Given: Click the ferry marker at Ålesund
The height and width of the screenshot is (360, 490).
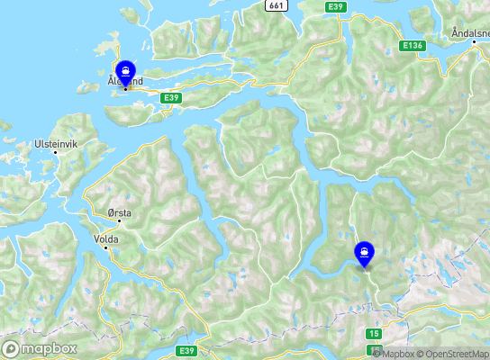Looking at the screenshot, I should pos(125,70).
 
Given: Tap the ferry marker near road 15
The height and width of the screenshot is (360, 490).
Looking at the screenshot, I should pos(364,253).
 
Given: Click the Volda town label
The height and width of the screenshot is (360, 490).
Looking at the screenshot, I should pos(105,239).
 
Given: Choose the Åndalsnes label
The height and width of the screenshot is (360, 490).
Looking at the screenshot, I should pos(469,33).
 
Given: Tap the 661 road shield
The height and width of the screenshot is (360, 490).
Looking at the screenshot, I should pos(277,6).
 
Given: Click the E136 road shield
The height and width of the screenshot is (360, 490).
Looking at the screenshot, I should pos(413,45).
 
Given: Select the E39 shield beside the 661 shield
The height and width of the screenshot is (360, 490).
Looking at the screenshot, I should pos(336,6).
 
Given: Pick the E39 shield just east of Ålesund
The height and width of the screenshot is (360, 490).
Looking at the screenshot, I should pos(173,96).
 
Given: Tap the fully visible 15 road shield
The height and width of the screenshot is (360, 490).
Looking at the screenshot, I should pos(374,334).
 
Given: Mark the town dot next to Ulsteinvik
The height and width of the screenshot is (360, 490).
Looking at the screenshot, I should pos(56,153).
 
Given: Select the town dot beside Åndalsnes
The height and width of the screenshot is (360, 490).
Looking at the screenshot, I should pos(475,42).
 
